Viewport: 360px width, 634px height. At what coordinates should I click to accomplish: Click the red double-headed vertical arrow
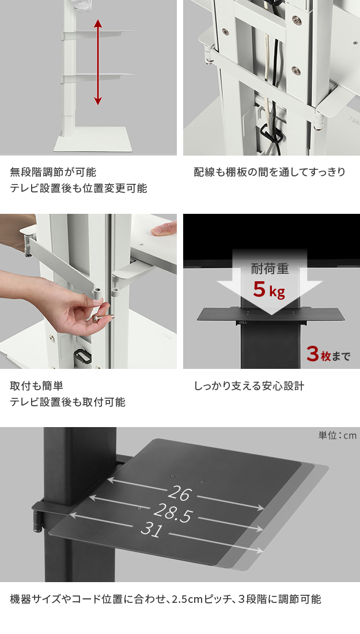coord(97,62)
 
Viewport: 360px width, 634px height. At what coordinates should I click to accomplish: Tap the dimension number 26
coord(179,493)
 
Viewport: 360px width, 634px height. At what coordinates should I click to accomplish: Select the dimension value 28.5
coord(173,513)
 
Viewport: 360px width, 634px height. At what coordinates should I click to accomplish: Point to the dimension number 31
coord(151,529)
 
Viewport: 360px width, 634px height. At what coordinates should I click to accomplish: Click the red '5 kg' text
coord(268,289)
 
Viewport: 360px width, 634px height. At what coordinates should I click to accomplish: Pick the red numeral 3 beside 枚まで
coord(313,354)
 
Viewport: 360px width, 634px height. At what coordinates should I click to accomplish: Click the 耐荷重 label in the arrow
coord(270,268)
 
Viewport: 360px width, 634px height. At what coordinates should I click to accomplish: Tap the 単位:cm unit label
coord(338,435)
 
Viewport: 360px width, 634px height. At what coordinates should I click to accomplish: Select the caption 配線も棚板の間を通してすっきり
coord(270,172)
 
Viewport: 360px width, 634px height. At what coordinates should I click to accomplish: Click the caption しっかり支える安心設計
coord(249,386)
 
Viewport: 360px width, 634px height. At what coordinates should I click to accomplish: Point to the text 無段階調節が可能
coord(53,172)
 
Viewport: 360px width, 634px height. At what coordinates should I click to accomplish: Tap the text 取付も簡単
coord(36,386)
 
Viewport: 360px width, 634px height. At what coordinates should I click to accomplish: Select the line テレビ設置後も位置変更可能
coord(78,188)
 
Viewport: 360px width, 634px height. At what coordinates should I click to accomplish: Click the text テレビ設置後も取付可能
coord(67,402)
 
